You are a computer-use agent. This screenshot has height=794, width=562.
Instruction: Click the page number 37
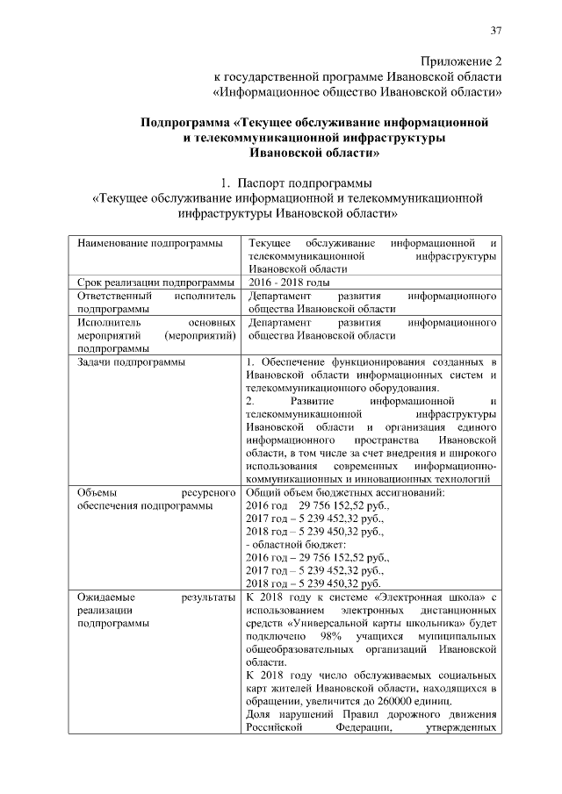(x=496, y=32)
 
